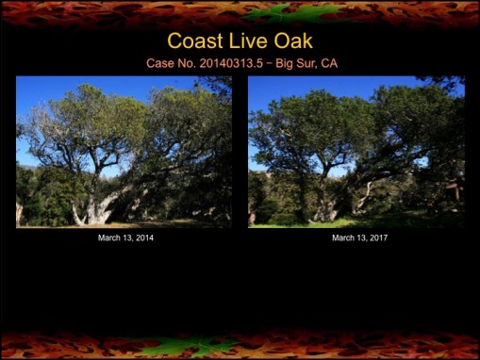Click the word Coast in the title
(x=197, y=41)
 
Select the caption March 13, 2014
(x=125, y=238)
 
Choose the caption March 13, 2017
(x=359, y=238)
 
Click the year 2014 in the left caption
(x=143, y=238)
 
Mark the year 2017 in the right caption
(x=377, y=238)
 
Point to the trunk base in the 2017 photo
(x=324, y=209)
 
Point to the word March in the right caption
(x=343, y=238)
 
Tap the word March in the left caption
(x=109, y=238)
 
